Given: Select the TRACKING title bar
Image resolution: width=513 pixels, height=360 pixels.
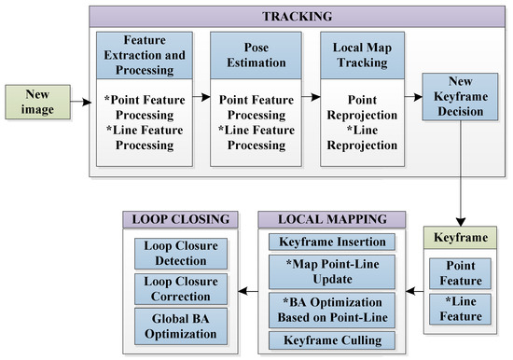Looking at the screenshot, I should tap(296, 17).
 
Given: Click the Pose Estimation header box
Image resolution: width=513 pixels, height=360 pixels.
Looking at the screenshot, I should tap(254, 55).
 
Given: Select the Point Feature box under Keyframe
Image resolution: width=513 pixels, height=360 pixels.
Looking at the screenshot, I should tap(461, 272).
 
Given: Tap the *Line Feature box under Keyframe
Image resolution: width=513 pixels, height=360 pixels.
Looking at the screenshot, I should tap(461, 307).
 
